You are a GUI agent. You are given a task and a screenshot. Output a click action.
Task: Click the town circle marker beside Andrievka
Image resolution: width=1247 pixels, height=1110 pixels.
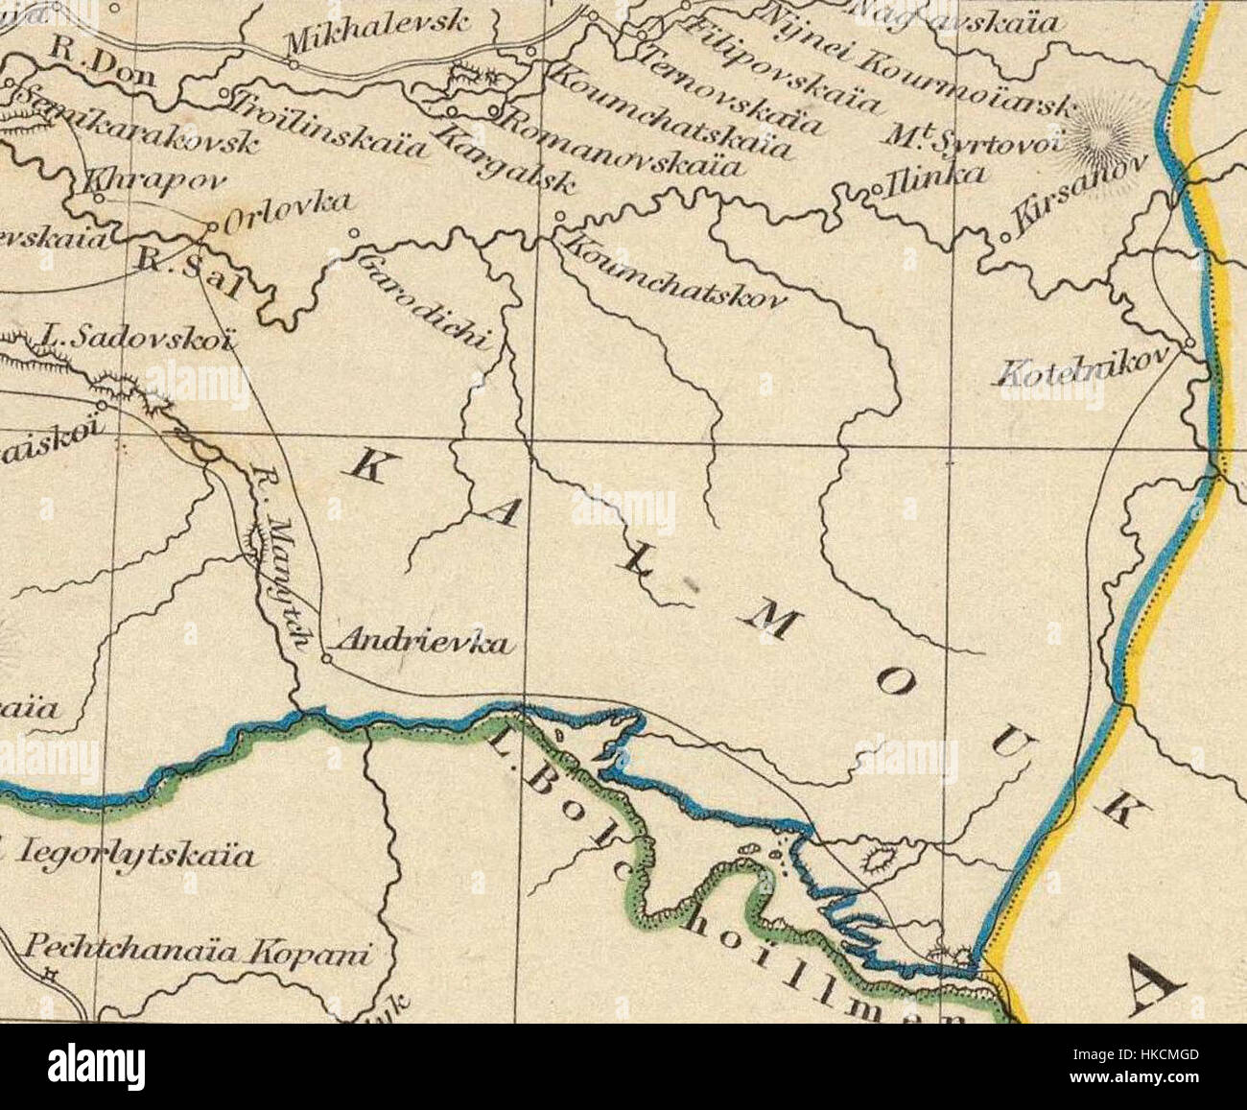click(326, 660)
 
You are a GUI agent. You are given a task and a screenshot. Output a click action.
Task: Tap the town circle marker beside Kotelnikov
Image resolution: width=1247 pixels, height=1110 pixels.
click(1188, 342)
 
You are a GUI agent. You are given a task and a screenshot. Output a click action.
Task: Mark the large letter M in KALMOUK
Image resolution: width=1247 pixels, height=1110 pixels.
click(777, 623)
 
